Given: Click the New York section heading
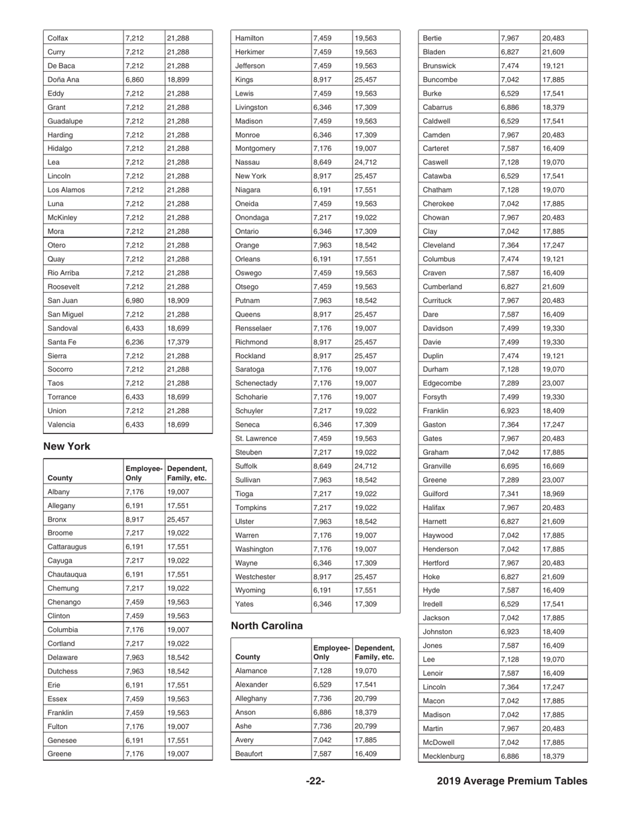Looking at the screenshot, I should pyautogui.click(x=66, y=446).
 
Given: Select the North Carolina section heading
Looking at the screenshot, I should pyautogui.click(x=266, y=626).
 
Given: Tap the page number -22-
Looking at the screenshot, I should pyautogui.click(x=315, y=781).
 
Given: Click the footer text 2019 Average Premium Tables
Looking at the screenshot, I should pyautogui.click(x=512, y=781).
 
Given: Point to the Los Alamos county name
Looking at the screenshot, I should pyautogui.click(x=65, y=190).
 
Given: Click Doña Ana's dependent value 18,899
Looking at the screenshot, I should pyautogui.click(x=178, y=80).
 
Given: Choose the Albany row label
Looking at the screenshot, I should pyautogui.click(x=61, y=492).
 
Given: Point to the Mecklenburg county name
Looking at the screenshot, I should pyautogui.click(x=444, y=756).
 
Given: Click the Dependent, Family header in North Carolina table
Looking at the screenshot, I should pyautogui.click(x=375, y=652).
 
